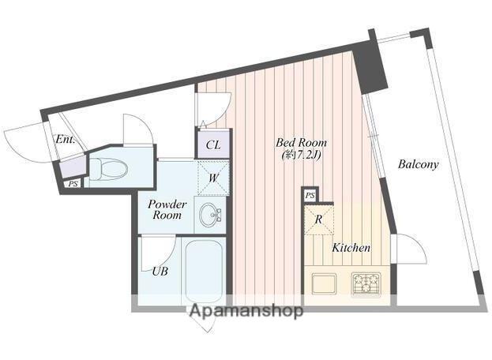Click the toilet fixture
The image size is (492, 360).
(x=108, y=169)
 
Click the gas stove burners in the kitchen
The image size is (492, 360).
(x=366, y=284)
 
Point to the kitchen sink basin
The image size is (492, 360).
(x=324, y=284)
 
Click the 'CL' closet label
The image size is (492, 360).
(x=213, y=145)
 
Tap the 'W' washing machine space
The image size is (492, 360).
(x=213, y=178)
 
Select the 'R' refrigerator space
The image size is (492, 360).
(x=318, y=219)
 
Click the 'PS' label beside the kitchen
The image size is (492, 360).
(x=310, y=196)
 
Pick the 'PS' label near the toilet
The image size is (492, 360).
(x=73, y=184)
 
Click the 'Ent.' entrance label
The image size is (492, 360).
(x=66, y=139)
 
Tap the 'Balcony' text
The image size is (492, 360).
(x=418, y=164)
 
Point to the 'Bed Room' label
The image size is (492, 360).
(x=301, y=143)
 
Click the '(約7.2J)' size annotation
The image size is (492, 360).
(x=301, y=155)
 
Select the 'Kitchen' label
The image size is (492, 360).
(x=351, y=248)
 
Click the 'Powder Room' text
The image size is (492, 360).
(x=167, y=209)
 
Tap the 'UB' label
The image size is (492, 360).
(x=160, y=272)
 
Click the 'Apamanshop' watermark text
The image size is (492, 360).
(x=246, y=310)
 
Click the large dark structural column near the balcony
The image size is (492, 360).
(x=370, y=67)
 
